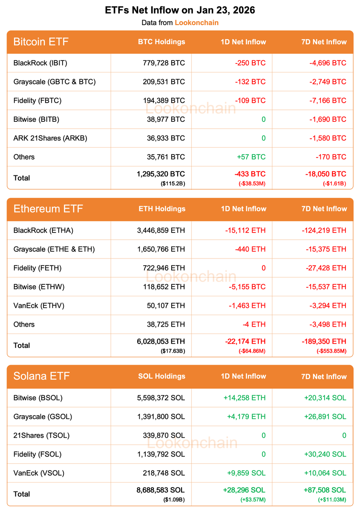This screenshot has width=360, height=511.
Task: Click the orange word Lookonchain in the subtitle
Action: [x=196, y=23]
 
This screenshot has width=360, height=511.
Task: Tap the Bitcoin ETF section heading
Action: [x=41, y=42]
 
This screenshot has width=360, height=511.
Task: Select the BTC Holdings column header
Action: [x=161, y=42]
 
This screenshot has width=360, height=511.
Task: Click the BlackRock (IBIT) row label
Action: [x=40, y=63]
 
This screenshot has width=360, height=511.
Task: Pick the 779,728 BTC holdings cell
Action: [x=164, y=63]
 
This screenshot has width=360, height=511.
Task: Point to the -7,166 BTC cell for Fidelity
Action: [x=327, y=100]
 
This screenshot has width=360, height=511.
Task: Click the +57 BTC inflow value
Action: [x=251, y=157]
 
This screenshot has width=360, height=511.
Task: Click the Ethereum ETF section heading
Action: [x=48, y=209]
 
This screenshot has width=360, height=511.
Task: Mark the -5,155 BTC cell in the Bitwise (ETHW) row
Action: [x=245, y=287]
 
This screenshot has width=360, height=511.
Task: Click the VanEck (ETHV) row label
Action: [x=39, y=305]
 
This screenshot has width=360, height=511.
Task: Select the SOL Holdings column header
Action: [x=161, y=376]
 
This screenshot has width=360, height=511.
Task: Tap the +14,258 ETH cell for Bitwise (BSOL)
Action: [x=244, y=398]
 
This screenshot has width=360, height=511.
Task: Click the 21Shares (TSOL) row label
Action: [x=41, y=435]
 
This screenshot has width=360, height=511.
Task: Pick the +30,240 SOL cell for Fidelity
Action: [x=325, y=454]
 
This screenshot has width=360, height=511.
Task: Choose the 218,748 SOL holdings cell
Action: [x=164, y=473]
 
